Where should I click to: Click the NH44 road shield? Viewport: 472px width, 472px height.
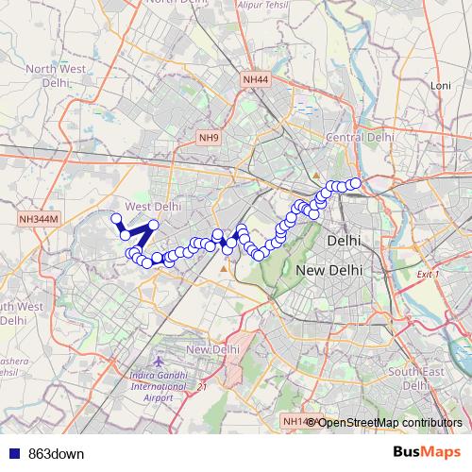[255, 80]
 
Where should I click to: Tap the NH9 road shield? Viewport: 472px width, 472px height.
[209, 138]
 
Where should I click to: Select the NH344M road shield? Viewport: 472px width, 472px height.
[39, 219]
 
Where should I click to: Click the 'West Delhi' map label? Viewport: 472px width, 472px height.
[152, 206]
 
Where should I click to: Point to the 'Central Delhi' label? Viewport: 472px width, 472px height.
[359, 137]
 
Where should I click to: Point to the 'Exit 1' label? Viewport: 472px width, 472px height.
[428, 274]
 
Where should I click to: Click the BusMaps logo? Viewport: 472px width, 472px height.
[427, 452]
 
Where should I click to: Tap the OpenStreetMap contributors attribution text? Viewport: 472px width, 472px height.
[390, 422]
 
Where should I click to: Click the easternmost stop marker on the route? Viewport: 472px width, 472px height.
[355, 183]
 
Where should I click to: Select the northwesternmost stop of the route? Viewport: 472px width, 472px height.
[117, 219]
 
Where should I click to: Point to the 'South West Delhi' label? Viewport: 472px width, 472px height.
[19, 312]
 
